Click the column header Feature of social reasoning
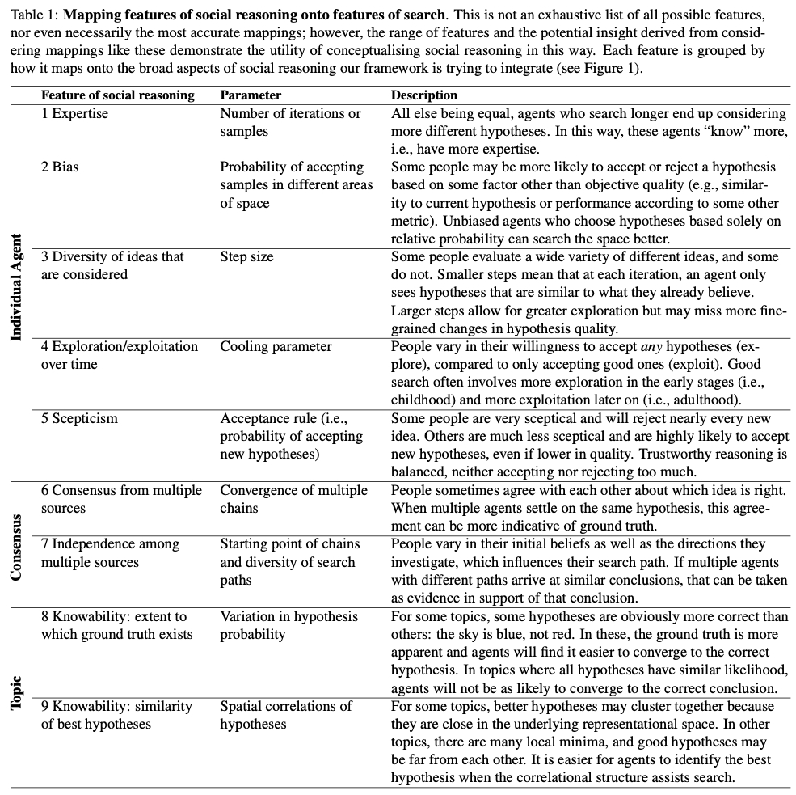click(118, 95)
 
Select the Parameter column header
click(251, 95)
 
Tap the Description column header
click(424, 95)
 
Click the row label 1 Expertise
click(74, 113)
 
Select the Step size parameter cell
click(246, 256)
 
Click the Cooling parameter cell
click(276, 346)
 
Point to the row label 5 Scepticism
click(79, 418)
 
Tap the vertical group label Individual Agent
click(16, 287)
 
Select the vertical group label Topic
click(16, 693)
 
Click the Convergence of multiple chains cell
click(293, 499)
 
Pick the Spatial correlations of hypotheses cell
click(285, 715)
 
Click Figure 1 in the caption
click(612, 69)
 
